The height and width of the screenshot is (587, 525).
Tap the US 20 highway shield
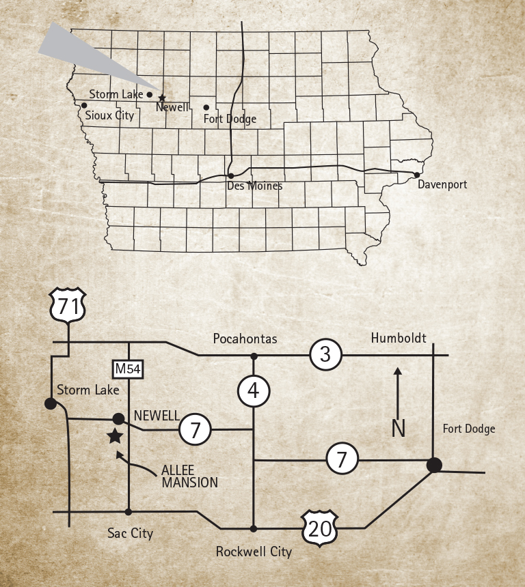[x=321, y=528]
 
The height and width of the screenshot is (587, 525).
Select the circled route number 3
[x=325, y=354]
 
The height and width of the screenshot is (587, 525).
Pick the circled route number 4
[x=254, y=391]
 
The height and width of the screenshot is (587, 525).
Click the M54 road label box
[x=128, y=369]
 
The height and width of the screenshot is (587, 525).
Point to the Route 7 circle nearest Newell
[x=195, y=430]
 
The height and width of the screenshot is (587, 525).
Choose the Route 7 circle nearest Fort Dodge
[x=343, y=459]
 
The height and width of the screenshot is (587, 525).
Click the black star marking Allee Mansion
[x=115, y=436]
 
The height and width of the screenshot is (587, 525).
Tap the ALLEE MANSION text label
[x=189, y=476]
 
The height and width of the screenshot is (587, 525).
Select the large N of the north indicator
[x=399, y=428]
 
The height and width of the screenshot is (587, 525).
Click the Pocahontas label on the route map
[x=245, y=339]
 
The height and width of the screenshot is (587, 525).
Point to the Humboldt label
[x=399, y=338]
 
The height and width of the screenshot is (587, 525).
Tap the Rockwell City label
[x=254, y=552]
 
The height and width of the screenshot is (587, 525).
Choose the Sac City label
[x=131, y=533]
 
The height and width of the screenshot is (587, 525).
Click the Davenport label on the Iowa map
[x=443, y=184]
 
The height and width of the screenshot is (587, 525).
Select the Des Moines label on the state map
[x=254, y=186]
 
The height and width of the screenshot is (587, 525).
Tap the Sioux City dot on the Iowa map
[x=84, y=105]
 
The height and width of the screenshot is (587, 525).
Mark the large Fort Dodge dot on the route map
[x=433, y=465]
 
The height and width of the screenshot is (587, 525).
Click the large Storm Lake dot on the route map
[x=51, y=403]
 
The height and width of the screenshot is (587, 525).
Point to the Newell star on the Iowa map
[x=162, y=98]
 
